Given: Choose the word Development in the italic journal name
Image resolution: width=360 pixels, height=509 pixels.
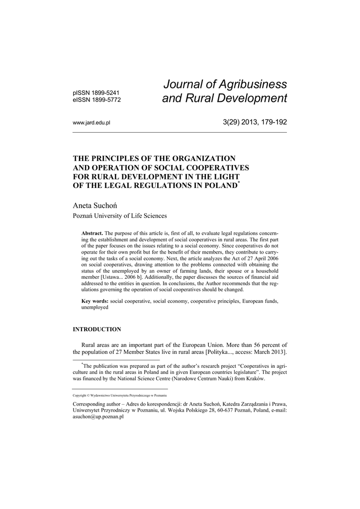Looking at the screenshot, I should [250, 98].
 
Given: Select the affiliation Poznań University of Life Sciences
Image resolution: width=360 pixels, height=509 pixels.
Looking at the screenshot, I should [120, 216].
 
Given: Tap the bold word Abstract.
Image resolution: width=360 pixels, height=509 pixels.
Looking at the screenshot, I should [92, 234].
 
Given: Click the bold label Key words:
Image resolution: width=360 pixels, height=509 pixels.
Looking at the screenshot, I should [94, 301].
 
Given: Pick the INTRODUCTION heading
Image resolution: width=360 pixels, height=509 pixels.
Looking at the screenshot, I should [97, 329].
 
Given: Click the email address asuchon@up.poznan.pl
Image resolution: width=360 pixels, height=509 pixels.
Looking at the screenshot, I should [98, 417].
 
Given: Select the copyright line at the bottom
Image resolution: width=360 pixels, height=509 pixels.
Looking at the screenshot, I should [119, 395].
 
